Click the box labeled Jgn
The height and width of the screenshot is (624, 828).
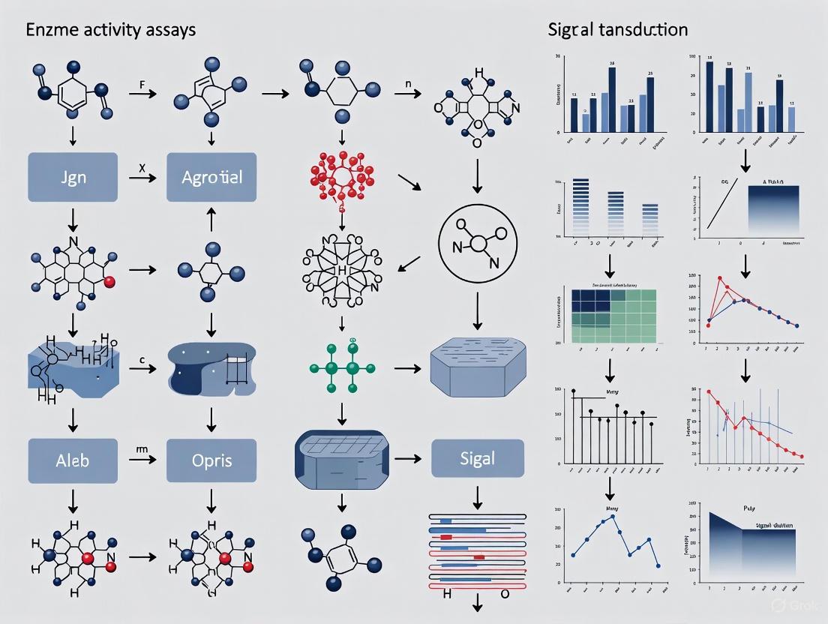(73, 177)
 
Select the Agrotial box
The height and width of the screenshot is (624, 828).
(212, 177)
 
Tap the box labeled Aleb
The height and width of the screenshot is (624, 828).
(73, 460)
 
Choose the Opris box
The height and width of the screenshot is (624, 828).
(212, 460)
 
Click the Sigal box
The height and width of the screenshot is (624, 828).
(476, 457)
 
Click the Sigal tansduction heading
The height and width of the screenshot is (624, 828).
(617, 30)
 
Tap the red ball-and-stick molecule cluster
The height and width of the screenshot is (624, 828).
(342, 179)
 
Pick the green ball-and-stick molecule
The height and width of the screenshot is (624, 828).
(342, 367)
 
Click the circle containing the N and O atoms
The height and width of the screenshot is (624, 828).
(478, 248)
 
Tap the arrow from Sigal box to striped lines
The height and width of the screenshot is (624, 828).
(478, 495)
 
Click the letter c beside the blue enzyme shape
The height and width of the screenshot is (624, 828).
(141, 359)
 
